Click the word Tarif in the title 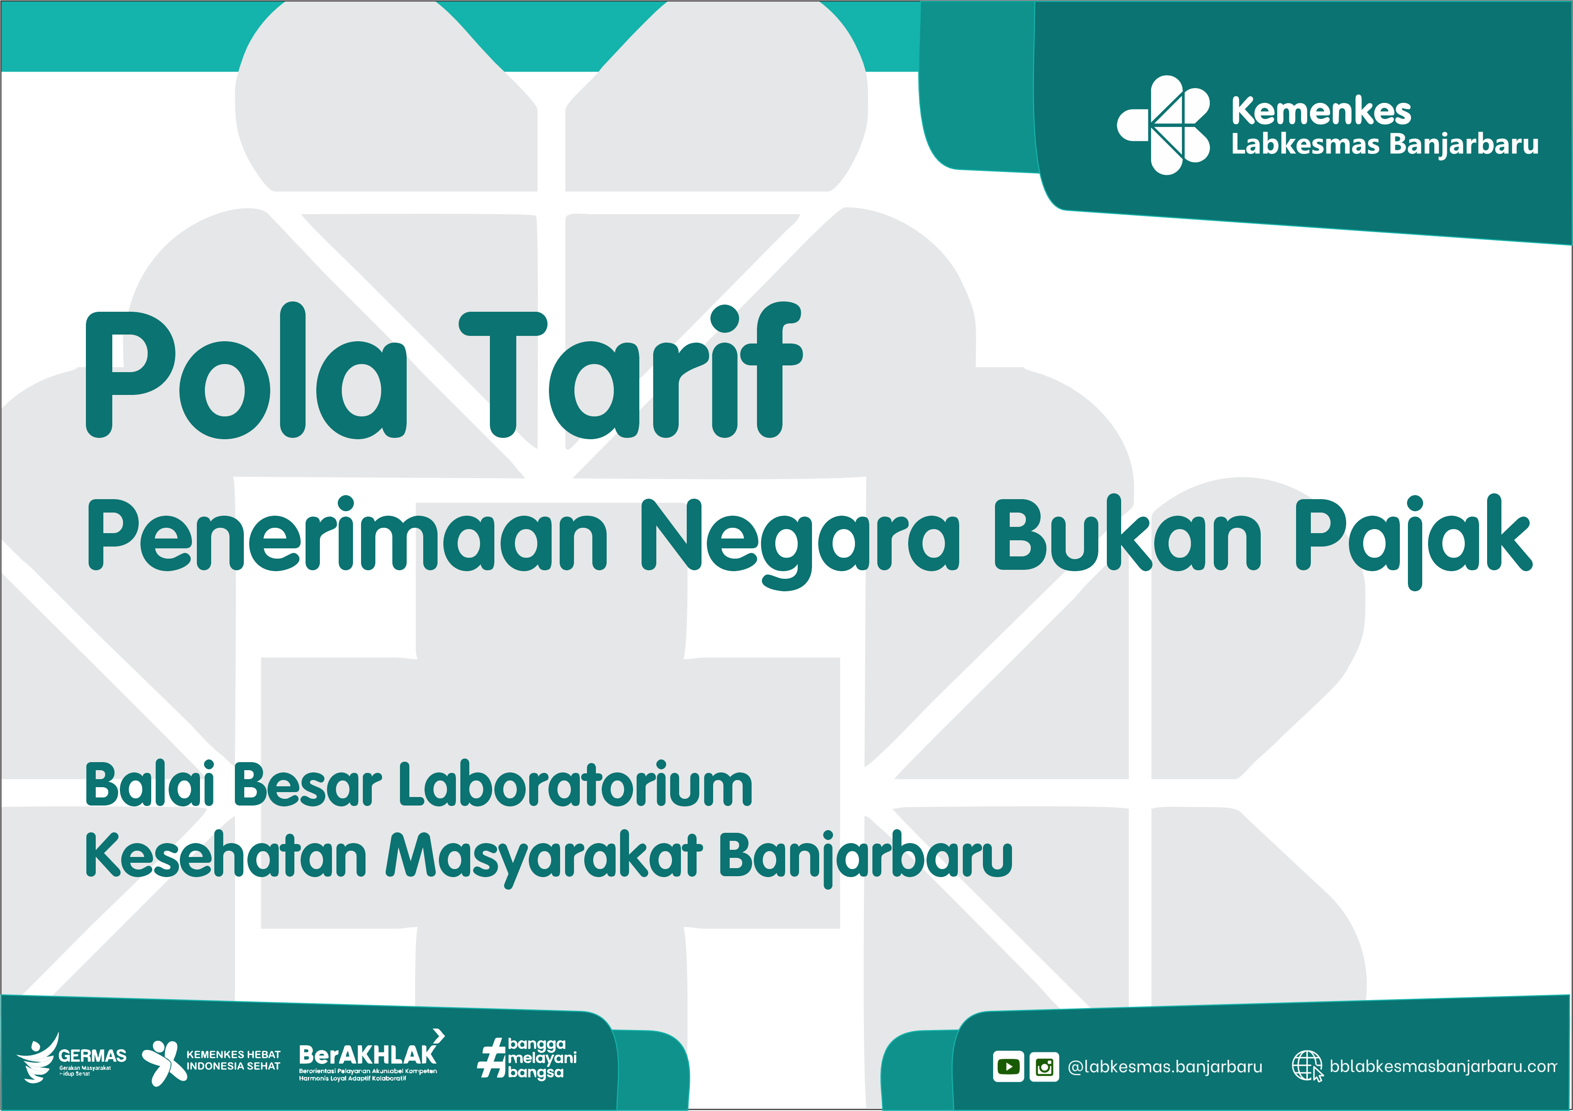click(630, 370)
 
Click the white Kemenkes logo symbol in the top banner click(1163, 125)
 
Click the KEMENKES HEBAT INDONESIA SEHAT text click(234, 1060)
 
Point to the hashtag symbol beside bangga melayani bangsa click(492, 1058)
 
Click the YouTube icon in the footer click(1008, 1066)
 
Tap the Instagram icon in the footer click(1044, 1066)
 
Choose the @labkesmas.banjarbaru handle click(1165, 1066)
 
